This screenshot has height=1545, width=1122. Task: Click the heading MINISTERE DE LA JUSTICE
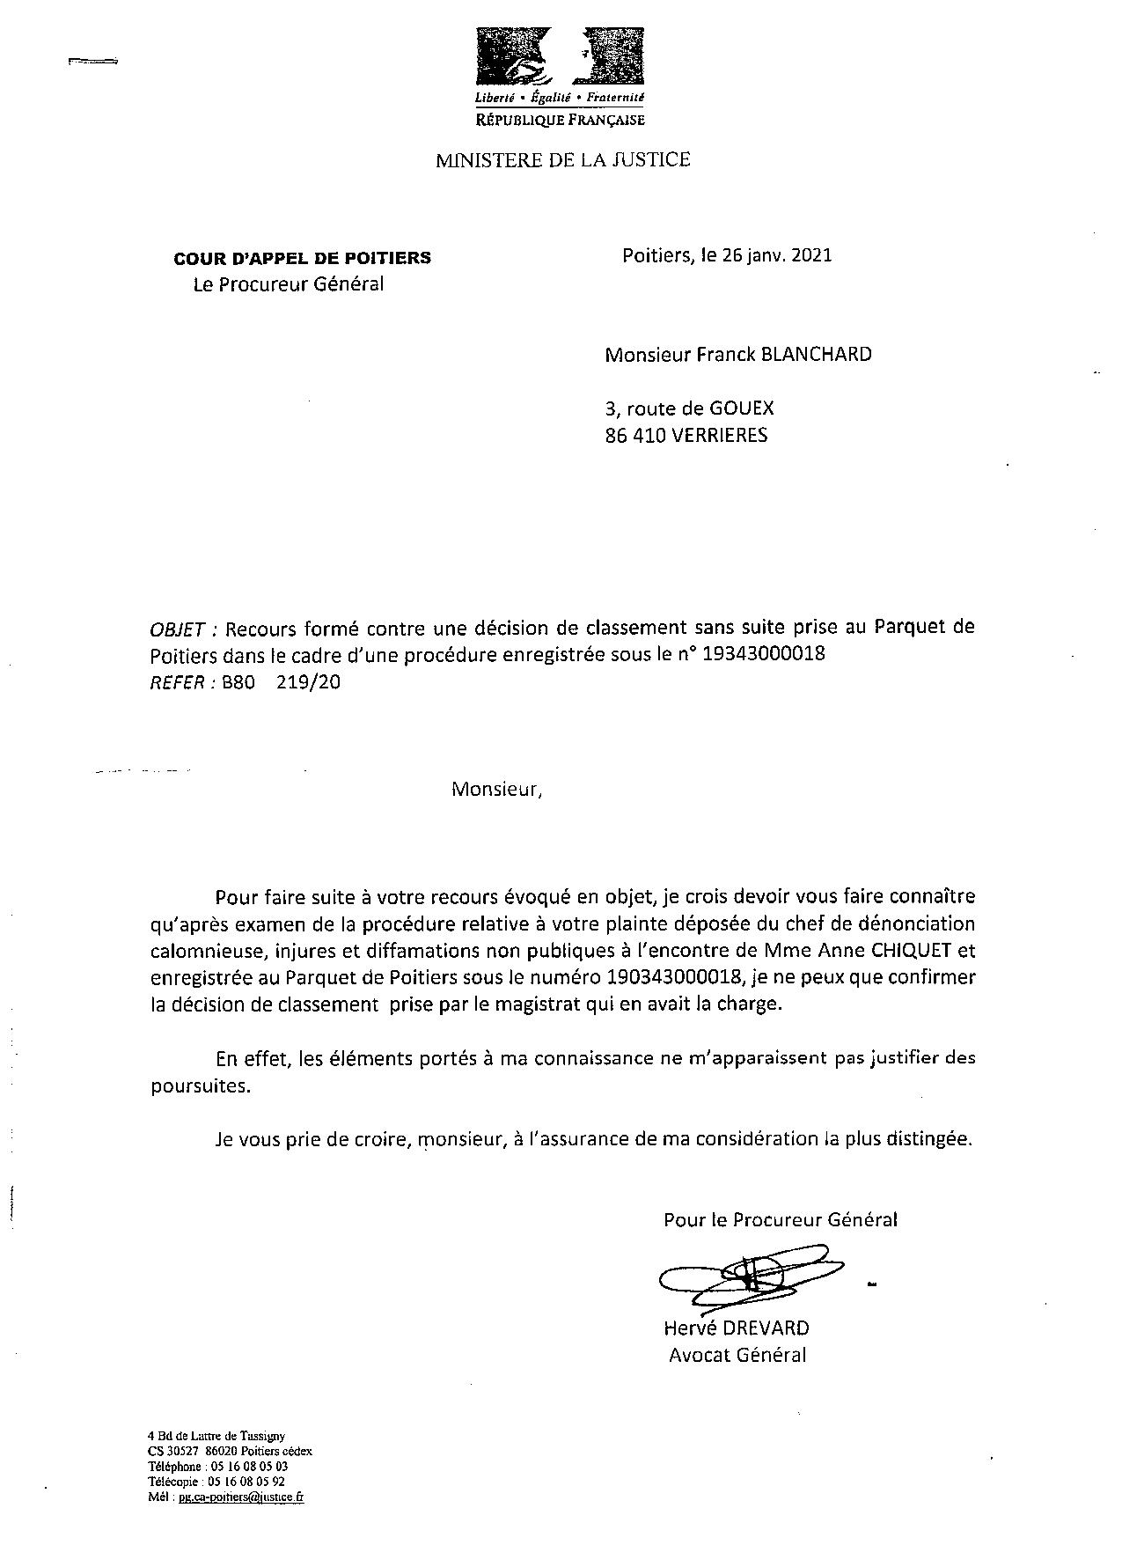click(x=563, y=160)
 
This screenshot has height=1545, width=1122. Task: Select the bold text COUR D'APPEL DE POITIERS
click(x=303, y=258)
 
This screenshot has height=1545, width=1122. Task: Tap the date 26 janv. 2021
click(x=776, y=256)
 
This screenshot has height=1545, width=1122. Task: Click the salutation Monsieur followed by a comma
click(x=497, y=790)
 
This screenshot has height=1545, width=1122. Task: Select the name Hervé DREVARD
click(x=737, y=1328)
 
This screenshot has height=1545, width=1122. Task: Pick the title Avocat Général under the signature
click(x=737, y=1355)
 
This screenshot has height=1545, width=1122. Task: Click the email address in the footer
click(x=241, y=1497)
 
